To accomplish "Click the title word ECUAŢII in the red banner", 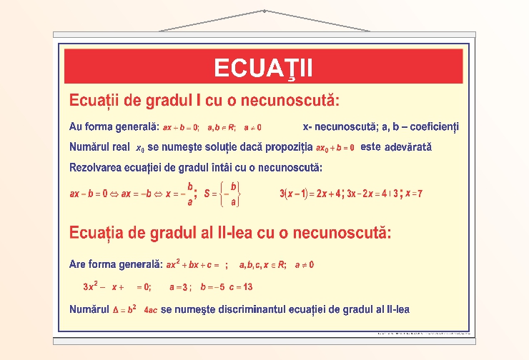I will coord(264,68).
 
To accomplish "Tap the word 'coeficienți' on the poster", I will coord(432,126).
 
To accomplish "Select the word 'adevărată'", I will coord(408,147).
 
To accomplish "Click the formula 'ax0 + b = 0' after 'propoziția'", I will coord(335,148).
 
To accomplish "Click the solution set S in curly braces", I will coord(224,193).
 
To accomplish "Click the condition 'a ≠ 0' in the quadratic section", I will coord(305,264).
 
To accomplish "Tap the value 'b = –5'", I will coord(212,287).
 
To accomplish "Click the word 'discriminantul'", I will coord(237,309).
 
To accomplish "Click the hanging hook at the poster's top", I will coord(264,11).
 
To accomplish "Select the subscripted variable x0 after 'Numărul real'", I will coord(139,148).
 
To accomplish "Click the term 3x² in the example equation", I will coord(90,286).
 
